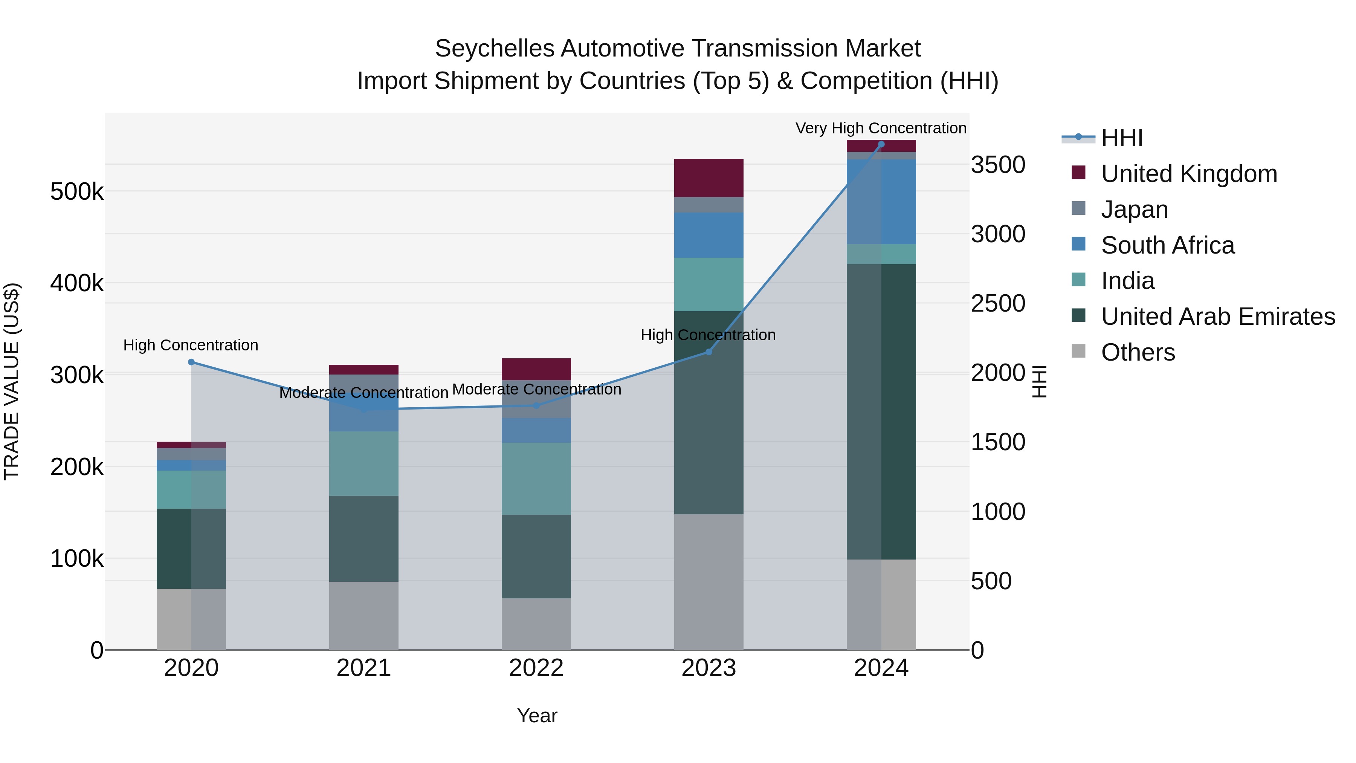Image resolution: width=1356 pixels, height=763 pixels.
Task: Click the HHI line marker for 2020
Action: click(x=191, y=362)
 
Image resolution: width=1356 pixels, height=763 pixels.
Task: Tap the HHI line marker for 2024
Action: click(x=881, y=144)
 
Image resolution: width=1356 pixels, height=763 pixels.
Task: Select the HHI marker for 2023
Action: click(x=709, y=352)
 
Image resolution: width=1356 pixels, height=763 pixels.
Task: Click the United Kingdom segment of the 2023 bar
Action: click(x=709, y=178)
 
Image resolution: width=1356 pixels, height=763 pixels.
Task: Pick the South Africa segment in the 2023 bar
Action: click(x=709, y=235)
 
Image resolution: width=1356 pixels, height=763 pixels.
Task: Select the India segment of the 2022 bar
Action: click(x=536, y=478)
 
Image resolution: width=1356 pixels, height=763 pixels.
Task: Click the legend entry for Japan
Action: click(x=1135, y=209)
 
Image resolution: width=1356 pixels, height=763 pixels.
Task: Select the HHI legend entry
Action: click(x=1121, y=138)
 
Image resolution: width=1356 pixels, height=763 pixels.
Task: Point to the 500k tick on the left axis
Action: click(x=77, y=192)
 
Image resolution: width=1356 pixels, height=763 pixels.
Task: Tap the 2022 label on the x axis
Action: click(x=536, y=668)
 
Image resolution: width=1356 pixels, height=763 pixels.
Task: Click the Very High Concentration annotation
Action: click(x=880, y=128)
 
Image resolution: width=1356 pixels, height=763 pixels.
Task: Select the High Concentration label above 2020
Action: click(x=191, y=346)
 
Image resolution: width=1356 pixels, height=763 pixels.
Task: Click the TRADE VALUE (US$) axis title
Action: click(x=12, y=381)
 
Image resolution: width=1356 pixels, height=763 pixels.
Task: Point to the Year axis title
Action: click(x=537, y=716)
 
